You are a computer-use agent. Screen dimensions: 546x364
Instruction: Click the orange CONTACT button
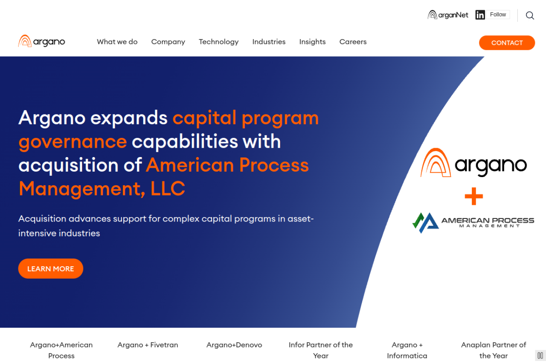tap(507, 43)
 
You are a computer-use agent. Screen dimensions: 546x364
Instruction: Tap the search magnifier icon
tap(530, 15)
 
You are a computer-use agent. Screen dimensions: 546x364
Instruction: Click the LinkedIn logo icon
tap(480, 15)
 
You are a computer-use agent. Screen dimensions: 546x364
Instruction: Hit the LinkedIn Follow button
tap(498, 15)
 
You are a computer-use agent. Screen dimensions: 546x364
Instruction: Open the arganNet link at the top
tap(448, 15)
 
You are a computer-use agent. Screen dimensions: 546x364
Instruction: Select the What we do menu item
tap(117, 42)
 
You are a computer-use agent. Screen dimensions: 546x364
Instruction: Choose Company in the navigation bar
tap(168, 42)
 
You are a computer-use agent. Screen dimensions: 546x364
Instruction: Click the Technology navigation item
tap(219, 42)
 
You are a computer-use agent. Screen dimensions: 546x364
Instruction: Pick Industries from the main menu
tap(269, 42)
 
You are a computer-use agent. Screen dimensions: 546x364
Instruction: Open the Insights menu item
tap(312, 42)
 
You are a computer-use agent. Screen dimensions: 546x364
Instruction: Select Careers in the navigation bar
tap(353, 42)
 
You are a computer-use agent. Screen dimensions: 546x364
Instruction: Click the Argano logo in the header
tap(42, 41)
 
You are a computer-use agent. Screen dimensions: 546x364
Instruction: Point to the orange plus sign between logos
tap(473, 196)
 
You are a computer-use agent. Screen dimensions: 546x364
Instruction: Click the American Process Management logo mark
tap(425, 223)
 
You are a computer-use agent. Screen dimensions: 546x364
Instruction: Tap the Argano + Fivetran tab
tap(148, 345)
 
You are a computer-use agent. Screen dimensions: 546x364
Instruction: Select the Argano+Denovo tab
tap(234, 345)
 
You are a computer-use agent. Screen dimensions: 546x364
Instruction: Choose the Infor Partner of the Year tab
tap(320, 350)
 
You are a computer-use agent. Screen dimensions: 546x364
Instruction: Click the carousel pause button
tap(540, 355)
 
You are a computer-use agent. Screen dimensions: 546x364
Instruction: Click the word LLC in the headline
tap(168, 189)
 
